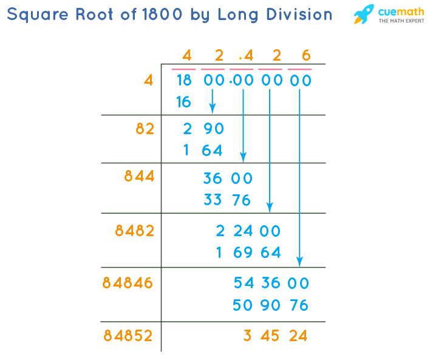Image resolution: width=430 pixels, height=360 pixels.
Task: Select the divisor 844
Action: [x=139, y=176]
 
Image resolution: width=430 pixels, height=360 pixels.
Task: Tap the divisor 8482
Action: [x=134, y=231]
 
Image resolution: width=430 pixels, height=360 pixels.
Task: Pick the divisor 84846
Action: [x=128, y=283]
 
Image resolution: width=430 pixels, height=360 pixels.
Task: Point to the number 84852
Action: [x=128, y=335]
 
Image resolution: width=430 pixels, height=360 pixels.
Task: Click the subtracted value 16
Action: [x=183, y=102]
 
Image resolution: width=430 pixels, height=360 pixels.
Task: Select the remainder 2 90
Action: [x=203, y=129]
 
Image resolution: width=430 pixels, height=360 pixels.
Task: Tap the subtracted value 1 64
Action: [x=203, y=150]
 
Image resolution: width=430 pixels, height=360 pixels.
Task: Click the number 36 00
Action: [x=228, y=178]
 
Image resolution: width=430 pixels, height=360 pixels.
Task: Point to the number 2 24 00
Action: [x=248, y=231]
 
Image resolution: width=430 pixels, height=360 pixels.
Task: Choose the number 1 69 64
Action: [x=248, y=253]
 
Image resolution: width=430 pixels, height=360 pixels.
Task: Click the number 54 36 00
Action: [x=271, y=283]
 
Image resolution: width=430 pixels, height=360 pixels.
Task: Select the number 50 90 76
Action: [x=271, y=305]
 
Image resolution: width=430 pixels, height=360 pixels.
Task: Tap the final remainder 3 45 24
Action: [x=275, y=335]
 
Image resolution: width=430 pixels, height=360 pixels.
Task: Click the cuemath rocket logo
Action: [x=364, y=15]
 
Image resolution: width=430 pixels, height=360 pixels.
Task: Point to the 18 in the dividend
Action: [x=183, y=80]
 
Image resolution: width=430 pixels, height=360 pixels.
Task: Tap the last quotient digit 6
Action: [x=306, y=56]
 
